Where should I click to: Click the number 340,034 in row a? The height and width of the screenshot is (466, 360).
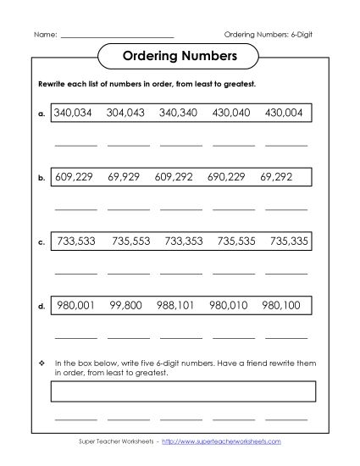[75, 113]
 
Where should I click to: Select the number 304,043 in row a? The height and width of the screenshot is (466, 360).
[126, 113]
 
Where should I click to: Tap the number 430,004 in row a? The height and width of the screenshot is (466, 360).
[285, 113]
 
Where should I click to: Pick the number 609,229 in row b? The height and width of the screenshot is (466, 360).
[75, 178]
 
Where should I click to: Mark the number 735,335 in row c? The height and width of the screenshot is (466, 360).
[290, 241]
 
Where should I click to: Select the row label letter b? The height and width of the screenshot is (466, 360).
[42, 179]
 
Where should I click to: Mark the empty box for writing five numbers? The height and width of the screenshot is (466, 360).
[184, 391]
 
